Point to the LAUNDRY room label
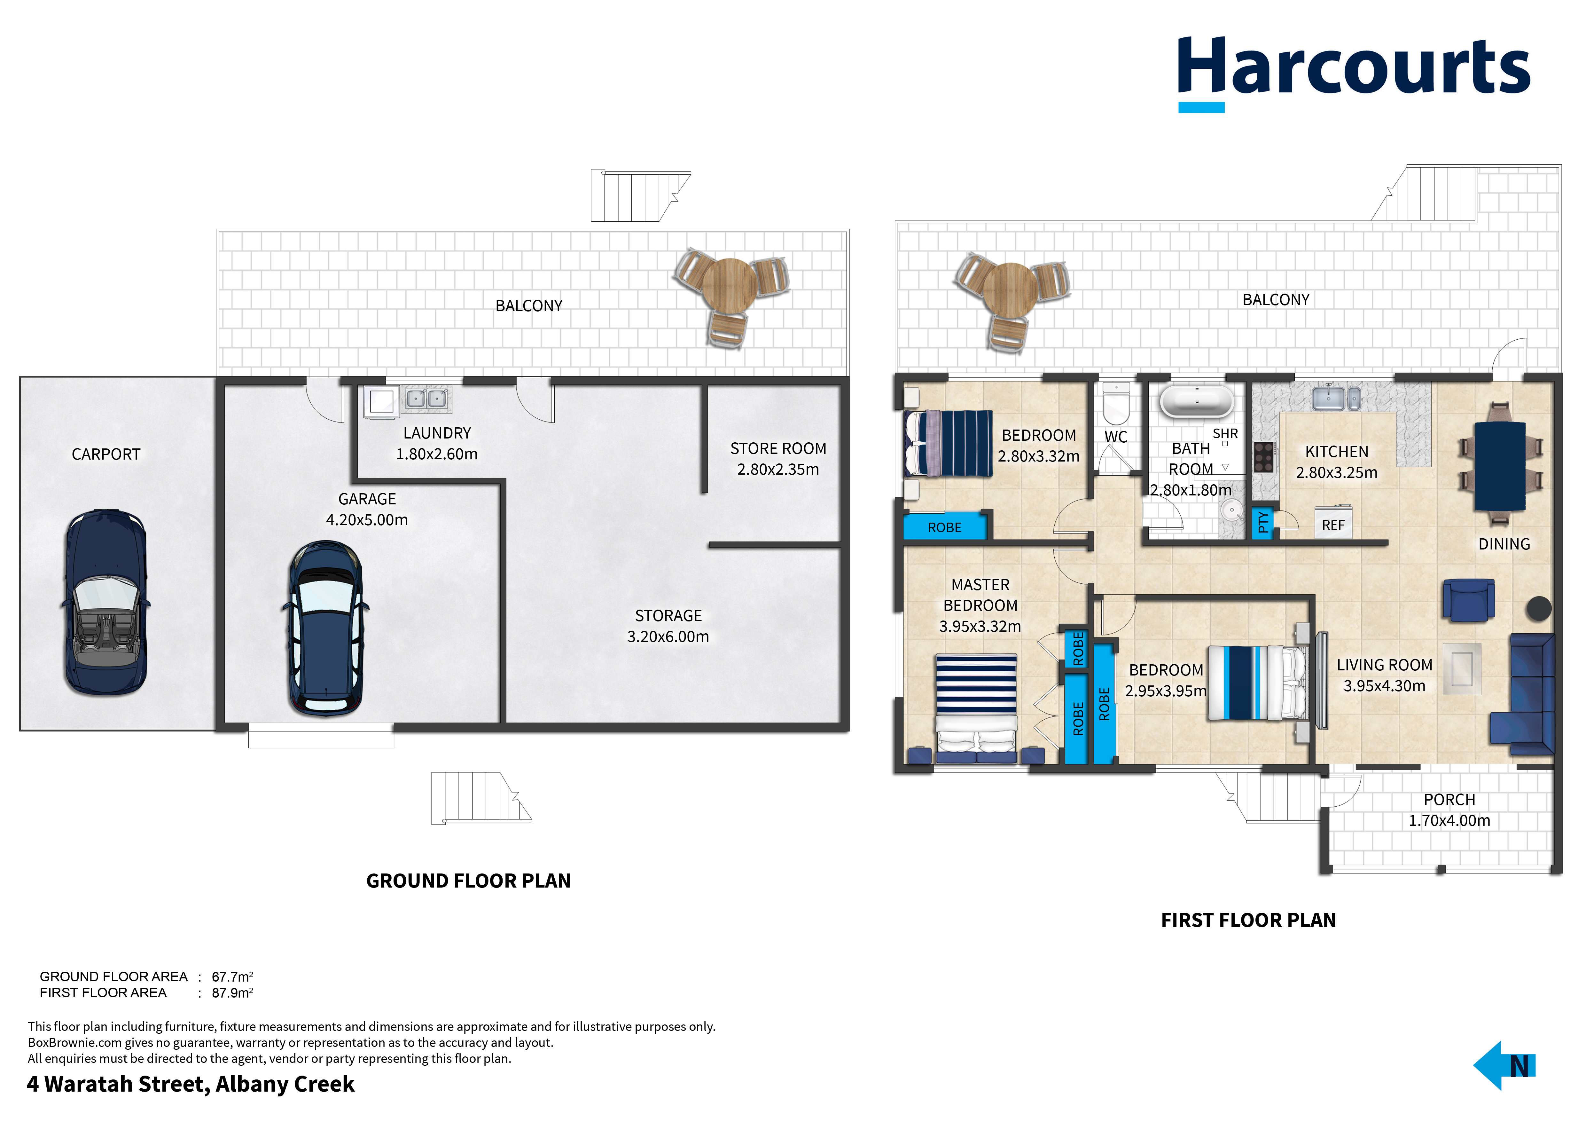[437, 433]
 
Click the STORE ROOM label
[778, 448]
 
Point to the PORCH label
[1449, 799]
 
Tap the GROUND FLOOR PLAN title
[468, 881]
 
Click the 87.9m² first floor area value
[232, 993]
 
